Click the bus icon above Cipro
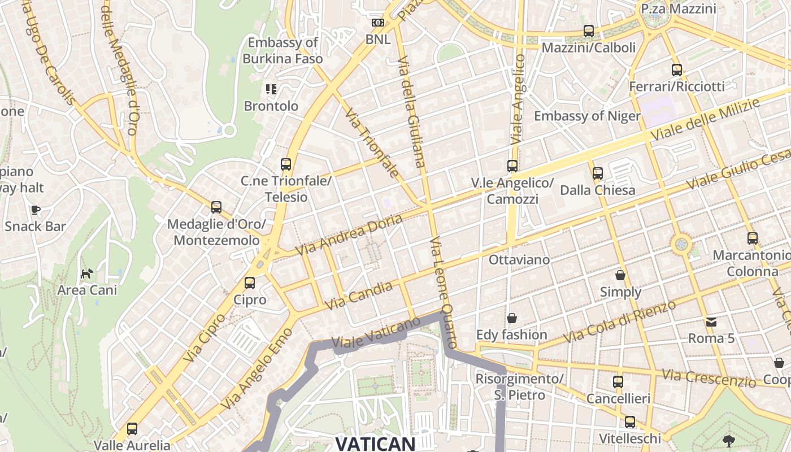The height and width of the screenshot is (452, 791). [x=249, y=282]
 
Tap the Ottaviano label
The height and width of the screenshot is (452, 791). [x=519, y=259]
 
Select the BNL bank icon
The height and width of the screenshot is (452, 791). [x=377, y=23]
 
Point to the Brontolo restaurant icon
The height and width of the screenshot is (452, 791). [x=271, y=89]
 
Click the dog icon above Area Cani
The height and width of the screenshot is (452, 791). [x=86, y=274]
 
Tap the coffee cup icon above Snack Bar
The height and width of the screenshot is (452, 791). [x=36, y=210]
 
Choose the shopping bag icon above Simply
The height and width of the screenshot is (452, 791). [x=620, y=275]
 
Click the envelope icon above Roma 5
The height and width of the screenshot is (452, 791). [x=711, y=322]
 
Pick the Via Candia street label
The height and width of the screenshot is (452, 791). [x=359, y=296]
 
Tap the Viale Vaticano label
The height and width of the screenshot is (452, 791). [x=376, y=332]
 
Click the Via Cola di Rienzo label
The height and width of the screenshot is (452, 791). [x=620, y=321]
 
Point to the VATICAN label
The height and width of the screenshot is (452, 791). [x=376, y=444]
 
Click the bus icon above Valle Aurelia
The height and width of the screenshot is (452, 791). [x=132, y=429]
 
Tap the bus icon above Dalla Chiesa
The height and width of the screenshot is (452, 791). [x=597, y=173]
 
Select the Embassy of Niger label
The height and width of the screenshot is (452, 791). [x=587, y=116]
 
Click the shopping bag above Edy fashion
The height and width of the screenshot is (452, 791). [x=511, y=318]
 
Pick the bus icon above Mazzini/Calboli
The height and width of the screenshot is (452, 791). [x=589, y=31]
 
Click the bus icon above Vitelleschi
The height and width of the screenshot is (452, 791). [x=629, y=422]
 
